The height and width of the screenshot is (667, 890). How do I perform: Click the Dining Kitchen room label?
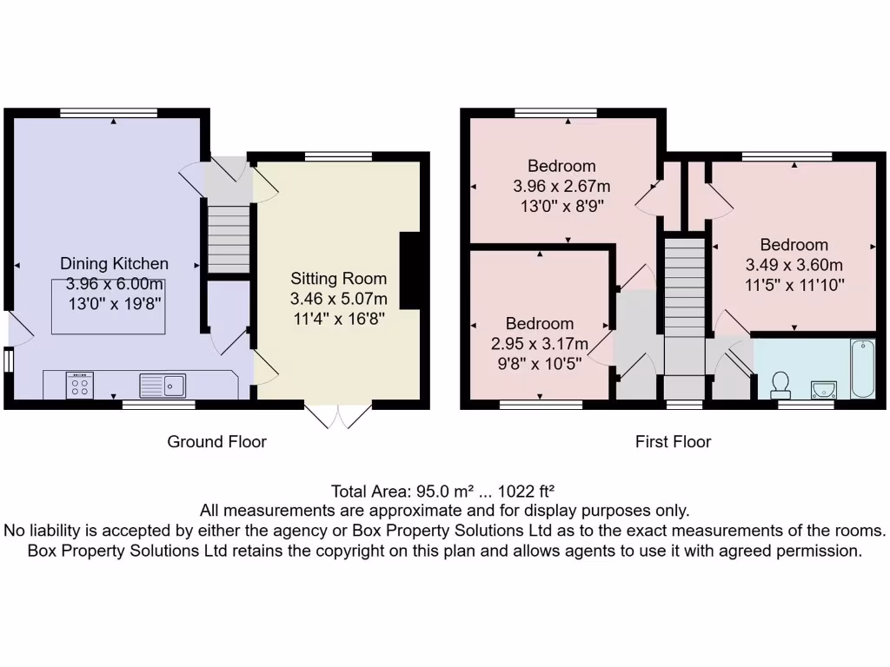(114, 264)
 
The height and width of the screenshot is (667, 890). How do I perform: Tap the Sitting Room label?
(338, 279)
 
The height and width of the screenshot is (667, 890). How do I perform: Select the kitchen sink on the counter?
(163, 384)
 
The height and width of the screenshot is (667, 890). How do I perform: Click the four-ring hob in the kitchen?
(79, 384)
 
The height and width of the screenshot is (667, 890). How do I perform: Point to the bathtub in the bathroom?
(864, 368)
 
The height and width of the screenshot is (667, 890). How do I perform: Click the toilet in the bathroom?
(780, 383)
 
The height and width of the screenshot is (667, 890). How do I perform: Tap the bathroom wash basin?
(822, 387)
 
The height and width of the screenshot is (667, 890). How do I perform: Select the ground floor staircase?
(227, 235)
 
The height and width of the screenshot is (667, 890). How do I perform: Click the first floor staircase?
(685, 295)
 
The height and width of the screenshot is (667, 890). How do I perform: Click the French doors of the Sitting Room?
(338, 416)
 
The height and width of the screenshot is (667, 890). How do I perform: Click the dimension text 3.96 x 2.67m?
(561, 186)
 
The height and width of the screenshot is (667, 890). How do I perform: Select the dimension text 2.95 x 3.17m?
(540, 344)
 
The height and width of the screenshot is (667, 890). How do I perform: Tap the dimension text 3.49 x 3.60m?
(794, 265)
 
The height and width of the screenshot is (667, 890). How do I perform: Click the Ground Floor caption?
(216, 442)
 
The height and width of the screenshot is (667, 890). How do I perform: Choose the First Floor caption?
(673, 442)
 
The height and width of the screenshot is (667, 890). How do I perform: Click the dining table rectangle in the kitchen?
(109, 307)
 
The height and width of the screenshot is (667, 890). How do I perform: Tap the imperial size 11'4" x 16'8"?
(338, 319)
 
